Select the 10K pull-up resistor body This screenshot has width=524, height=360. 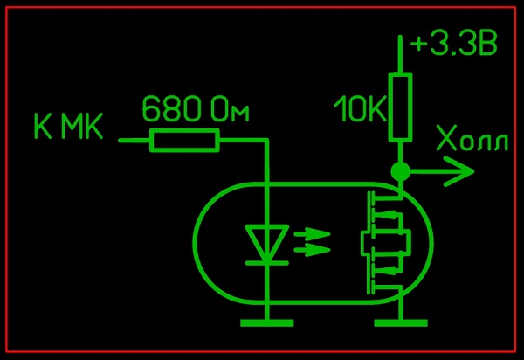400,107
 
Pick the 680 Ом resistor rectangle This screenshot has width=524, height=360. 184,140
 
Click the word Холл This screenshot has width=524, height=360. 472,140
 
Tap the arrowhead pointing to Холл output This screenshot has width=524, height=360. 458,172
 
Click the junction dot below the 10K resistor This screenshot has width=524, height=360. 400,171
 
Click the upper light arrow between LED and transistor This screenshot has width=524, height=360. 314,235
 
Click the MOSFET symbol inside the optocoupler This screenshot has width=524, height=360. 382,243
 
